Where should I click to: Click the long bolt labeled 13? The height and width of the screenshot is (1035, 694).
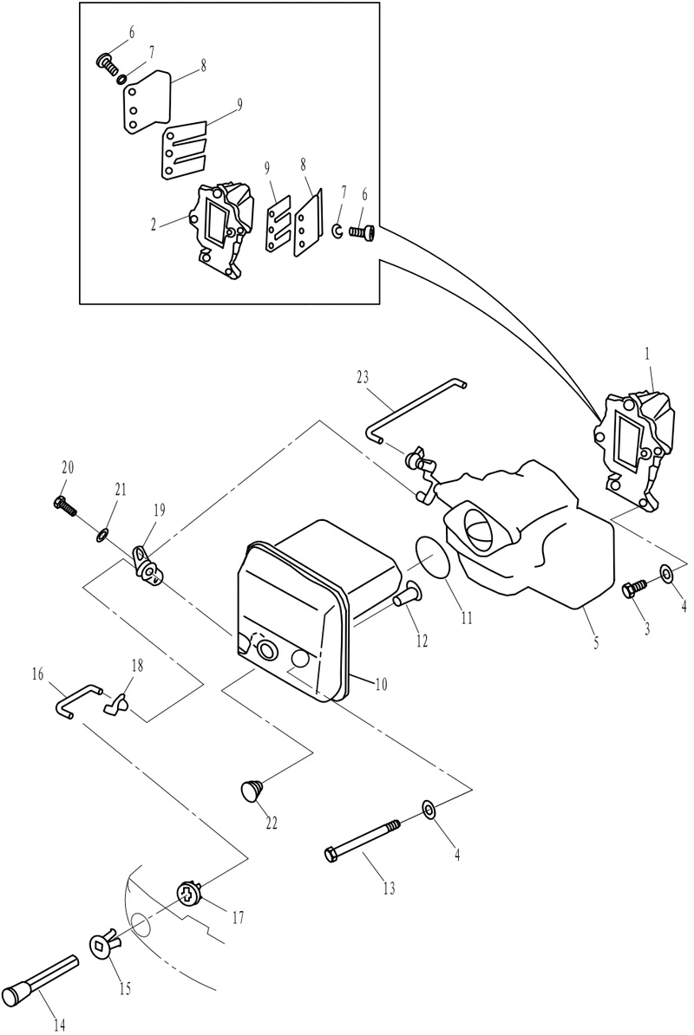(x=363, y=837)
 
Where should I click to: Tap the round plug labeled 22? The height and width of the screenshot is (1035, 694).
(x=250, y=790)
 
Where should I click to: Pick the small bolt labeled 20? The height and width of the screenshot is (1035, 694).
(x=64, y=505)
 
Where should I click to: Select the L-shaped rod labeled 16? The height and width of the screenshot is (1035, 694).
(x=76, y=700)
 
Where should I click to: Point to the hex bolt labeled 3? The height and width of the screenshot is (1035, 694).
(x=633, y=588)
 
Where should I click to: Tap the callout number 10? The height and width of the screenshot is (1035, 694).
(x=381, y=685)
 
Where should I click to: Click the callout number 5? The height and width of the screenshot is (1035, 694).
(x=596, y=641)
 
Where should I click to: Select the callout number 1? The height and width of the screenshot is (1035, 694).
(x=647, y=355)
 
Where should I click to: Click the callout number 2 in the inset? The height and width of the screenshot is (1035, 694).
(x=154, y=225)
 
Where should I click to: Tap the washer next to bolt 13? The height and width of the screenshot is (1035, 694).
(x=428, y=810)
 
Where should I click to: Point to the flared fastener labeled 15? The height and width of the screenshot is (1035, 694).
(x=106, y=947)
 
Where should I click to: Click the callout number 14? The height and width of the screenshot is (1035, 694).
(x=60, y=1025)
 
